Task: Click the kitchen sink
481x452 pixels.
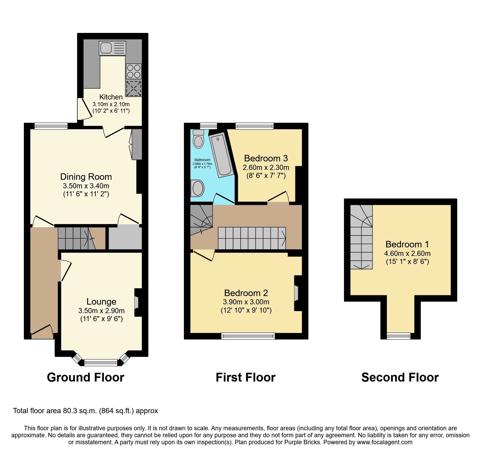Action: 112,48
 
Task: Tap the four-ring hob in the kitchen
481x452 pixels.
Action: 134,71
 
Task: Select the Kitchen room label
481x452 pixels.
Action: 111,97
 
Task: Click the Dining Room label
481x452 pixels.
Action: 86,177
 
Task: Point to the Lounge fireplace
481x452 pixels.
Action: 136,302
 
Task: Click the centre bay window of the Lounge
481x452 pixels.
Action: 101,362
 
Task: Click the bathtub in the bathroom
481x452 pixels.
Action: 221,155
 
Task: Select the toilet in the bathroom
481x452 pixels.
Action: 199,139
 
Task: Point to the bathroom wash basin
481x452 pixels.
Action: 198,188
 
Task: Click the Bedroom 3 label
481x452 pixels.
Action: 266,158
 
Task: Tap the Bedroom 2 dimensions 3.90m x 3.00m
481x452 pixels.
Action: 246,302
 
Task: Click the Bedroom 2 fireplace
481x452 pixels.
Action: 296,293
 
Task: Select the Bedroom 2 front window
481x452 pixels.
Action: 248,336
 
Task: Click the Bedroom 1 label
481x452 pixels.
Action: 407,244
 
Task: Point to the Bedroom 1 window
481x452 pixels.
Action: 399,336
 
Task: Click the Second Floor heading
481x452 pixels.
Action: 400,377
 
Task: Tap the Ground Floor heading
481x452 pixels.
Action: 86,377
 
